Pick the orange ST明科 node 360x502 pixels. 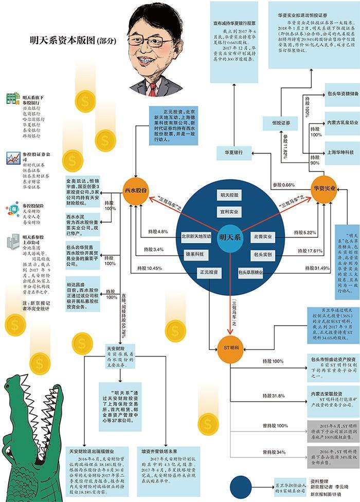(229, 345)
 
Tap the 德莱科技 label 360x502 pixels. (195, 254)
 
